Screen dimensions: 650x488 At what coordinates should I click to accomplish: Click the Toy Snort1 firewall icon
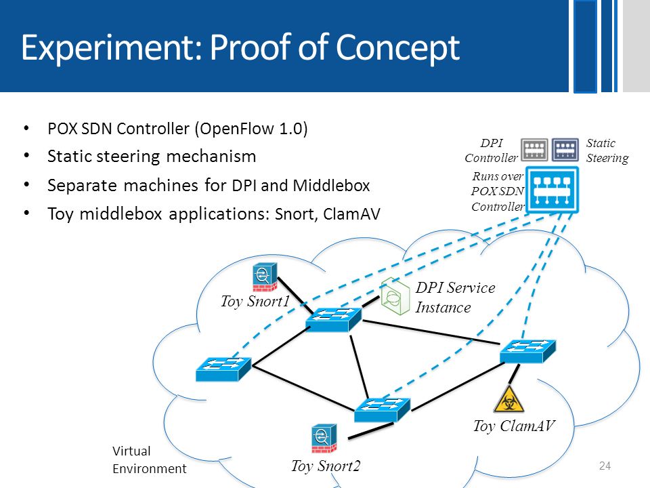coord(265,277)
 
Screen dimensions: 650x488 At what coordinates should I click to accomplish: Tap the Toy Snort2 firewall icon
coord(324,439)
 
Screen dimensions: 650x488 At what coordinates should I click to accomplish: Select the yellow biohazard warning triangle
coord(508,399)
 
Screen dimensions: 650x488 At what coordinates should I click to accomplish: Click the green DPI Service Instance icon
coord(395,296)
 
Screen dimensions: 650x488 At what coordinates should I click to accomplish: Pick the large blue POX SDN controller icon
coord(552,190)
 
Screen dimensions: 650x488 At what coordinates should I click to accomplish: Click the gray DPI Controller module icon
coord(534,149)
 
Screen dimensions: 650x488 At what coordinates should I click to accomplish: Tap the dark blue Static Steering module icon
coord(565,149)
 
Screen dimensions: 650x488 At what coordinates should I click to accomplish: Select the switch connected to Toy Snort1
coord(333,319)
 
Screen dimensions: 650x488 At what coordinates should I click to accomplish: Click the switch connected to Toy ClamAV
coord(527,352)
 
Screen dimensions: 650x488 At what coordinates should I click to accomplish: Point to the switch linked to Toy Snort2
coord(382,410)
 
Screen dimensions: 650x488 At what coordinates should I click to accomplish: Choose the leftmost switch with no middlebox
coord(223,369)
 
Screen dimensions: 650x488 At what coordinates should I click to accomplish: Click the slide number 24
coord(605,466)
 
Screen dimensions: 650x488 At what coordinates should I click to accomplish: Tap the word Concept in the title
coord(397,47)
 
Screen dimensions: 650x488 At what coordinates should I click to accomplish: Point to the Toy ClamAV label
coord(514,426)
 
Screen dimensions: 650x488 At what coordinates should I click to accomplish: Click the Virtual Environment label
coord(149,460)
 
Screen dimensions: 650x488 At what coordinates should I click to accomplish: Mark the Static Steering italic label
coord(607,150)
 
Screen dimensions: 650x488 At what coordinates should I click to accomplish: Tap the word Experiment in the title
coord(111,48)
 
